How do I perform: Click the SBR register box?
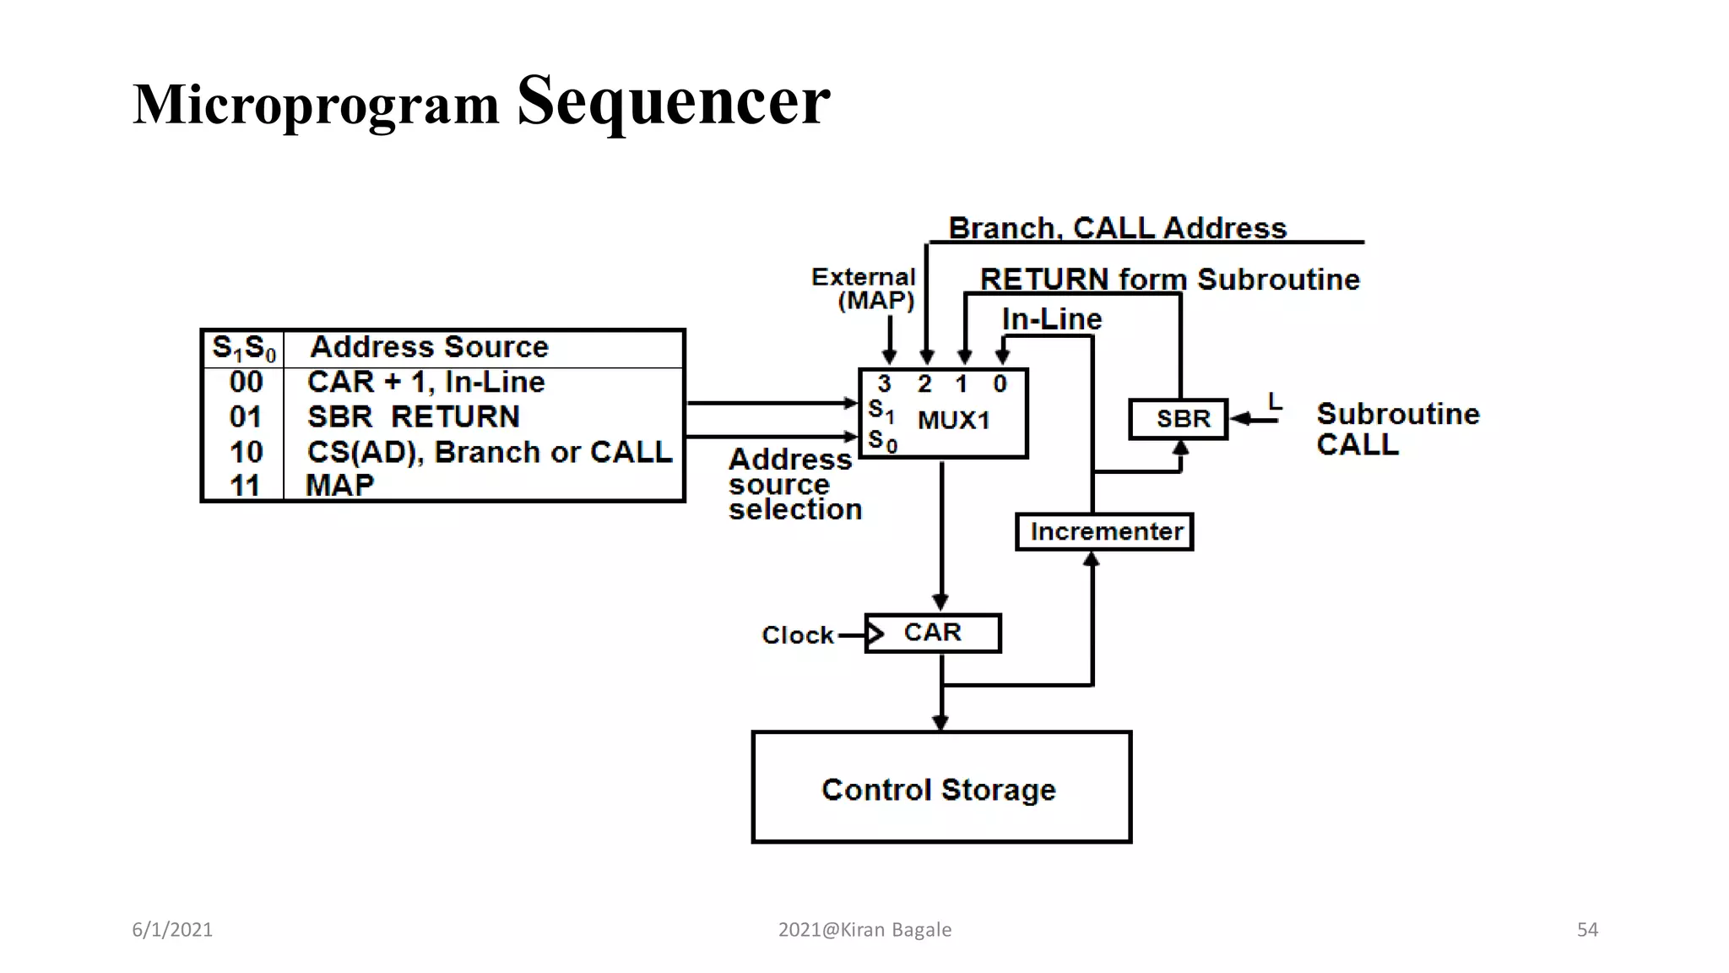(x=1179, y=419)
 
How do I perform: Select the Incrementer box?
(x=1104, y=532)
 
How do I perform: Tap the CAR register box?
(x=933, y=633)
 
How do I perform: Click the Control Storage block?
(x=940, y=787)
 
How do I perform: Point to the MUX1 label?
(x=954, y=420)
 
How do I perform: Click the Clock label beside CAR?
(x=797, y=635)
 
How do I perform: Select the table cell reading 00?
(x=246, y=382)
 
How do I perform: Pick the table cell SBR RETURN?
(x=413, y=416)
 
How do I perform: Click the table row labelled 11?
(x=246, y=486)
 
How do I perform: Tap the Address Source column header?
(x=429, y=347)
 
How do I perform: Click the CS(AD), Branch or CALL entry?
(x=490, y=452)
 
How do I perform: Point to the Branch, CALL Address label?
(x=1117, y=228)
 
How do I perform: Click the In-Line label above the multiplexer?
(x=1051, y=319)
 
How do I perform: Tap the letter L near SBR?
(x=1275, y=401)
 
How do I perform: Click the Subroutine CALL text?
(x=1397, y=429)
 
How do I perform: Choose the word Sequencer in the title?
(x=673, y=101)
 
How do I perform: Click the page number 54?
(x=1587, y=930)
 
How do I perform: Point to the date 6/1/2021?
(x=172, y=930)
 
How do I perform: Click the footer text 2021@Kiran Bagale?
(x=864, y=930)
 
